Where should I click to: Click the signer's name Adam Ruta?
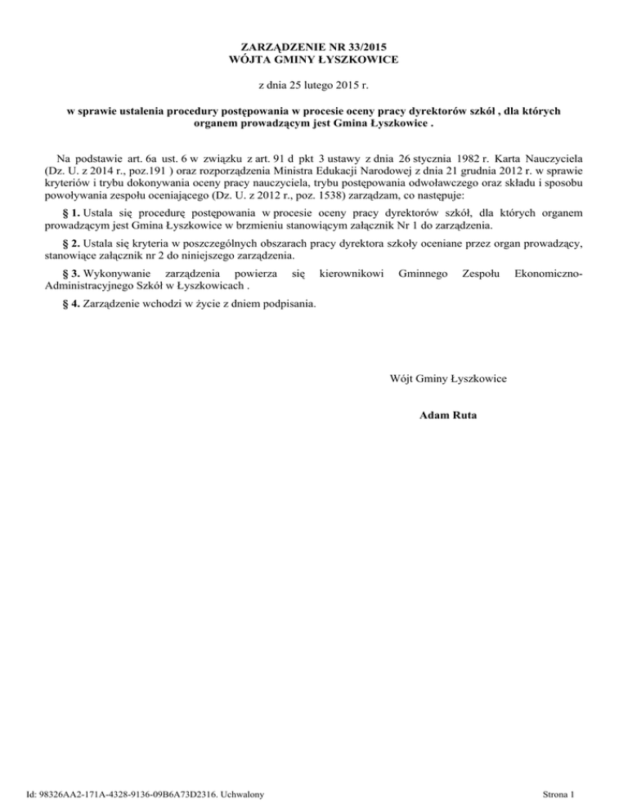(x=447, y=416)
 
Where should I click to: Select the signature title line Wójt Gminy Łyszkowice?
(x=447, y=378)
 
